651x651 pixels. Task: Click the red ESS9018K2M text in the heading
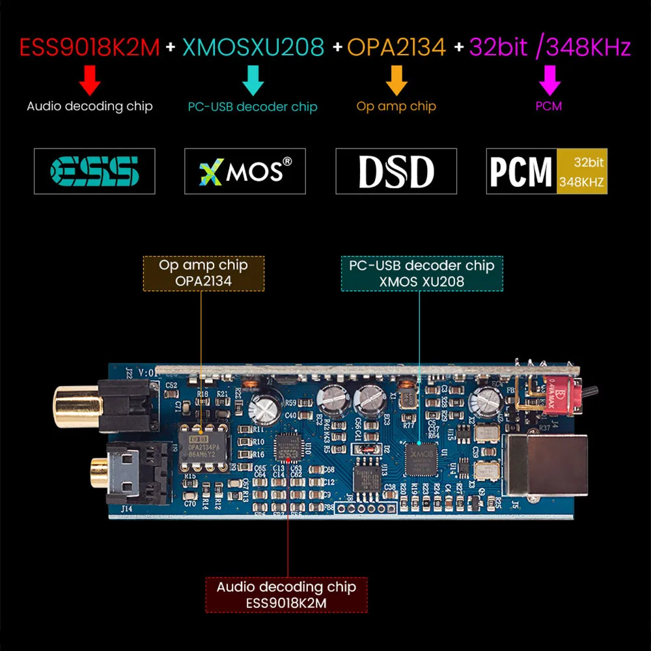90,48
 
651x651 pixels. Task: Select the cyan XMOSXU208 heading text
253,48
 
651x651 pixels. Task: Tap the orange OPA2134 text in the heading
396,48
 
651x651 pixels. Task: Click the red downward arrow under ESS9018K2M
90,81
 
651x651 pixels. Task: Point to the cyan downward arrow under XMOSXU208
253,81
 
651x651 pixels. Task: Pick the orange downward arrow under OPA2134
396,81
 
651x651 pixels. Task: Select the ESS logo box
94,171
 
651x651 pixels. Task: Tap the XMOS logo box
245,171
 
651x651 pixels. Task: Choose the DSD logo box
396,171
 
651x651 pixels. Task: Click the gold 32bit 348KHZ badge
581,171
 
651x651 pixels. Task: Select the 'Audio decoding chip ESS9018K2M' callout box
286,594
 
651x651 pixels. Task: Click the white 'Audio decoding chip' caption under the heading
90,106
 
